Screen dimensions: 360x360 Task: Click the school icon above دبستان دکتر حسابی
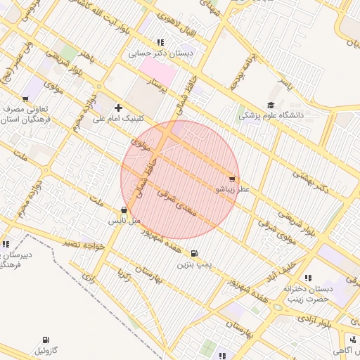click(x=161, y=42)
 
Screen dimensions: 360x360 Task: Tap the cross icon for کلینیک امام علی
click(x=117, y=108)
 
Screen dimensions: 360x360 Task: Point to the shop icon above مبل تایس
click(x=124, y=210)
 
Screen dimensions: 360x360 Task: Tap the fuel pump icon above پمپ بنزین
click(x=194, y=253)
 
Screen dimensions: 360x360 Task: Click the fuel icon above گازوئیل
click(x=46, y=340)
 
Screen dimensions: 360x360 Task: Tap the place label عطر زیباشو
click(x=232, y=190)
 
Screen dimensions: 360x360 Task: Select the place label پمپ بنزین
click(x=194, y=264)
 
